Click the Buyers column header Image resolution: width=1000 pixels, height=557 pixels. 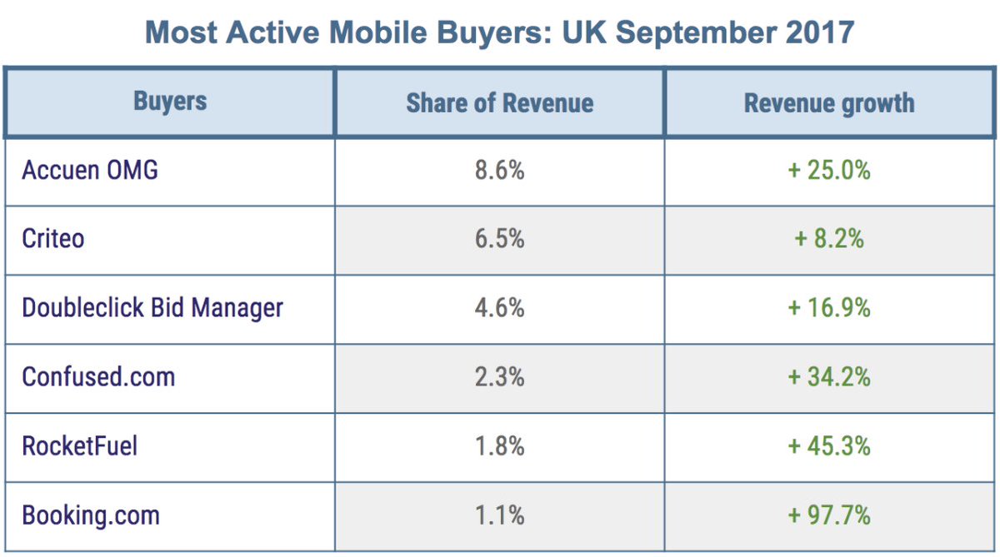[170, 102]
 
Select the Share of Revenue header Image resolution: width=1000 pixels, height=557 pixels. [500, 103]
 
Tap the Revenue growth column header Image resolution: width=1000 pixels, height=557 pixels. [829, 103]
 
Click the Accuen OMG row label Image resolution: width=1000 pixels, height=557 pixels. [90, 171]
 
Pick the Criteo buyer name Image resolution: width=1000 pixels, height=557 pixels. [53, 239]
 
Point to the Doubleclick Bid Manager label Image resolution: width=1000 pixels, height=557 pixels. [152, 308]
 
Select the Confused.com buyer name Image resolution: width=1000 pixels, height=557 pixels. [98, 376]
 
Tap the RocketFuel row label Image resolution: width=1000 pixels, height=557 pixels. [80, 445]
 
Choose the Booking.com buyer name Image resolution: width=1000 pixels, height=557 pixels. [91, 515]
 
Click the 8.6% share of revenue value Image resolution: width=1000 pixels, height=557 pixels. [500, 171]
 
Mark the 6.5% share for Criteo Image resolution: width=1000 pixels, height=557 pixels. [500, 239]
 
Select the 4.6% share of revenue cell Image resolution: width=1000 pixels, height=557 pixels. [500, 308]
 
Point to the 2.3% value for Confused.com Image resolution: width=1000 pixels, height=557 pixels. [500, 376]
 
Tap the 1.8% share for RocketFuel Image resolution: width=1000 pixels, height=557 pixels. [500, 445]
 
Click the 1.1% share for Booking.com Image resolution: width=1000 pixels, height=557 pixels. [500, 515]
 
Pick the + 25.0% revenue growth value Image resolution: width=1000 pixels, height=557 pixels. [829, 171]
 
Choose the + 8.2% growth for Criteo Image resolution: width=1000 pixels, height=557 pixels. [829, 239]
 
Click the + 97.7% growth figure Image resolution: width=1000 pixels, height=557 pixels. [829, 515]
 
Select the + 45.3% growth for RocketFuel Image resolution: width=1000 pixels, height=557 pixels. [829, 445]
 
